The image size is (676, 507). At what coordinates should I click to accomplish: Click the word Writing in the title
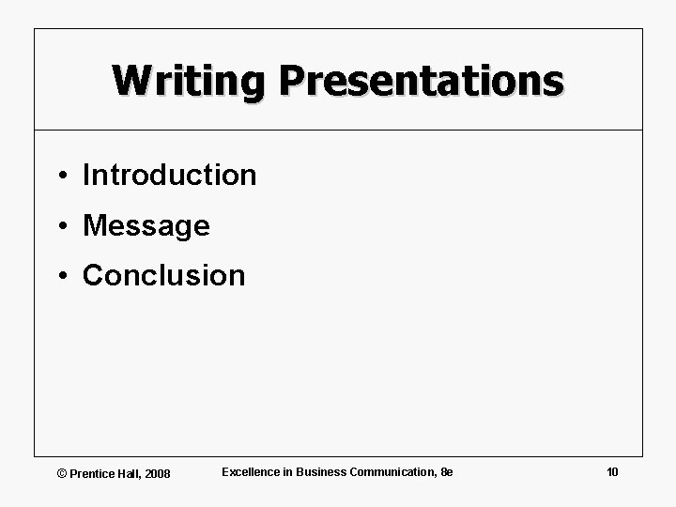[189, 82]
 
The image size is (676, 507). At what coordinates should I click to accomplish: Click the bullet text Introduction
[169, 175]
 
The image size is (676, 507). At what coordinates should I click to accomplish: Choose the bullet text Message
[146, 225]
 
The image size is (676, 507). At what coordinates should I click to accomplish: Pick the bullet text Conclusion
[163, 275]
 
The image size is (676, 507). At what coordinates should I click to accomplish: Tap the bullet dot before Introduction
[59, 176]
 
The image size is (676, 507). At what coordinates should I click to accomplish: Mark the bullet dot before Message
[59, 226]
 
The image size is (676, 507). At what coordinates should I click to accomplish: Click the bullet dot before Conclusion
[59, 276]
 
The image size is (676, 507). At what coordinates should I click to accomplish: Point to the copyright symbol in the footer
[62, 473]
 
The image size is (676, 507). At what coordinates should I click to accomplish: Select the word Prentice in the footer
[92, 473]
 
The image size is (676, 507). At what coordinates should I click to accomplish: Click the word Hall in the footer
[130, 473]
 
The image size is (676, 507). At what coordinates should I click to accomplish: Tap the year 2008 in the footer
[158, 473]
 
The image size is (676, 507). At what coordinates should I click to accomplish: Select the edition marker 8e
[446, 471]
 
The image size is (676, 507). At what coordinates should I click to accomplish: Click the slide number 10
[612, 471]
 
